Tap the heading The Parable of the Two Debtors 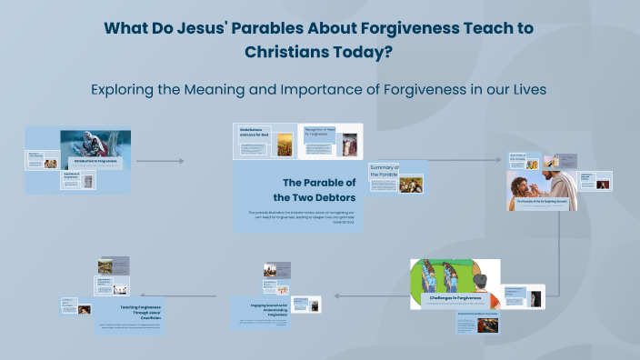tap(318, 189)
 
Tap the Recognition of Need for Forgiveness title tap(320, 133)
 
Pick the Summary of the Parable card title tap(385, 171)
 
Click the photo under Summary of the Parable tap(410, 185)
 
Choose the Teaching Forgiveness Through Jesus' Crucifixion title tap(140, 311)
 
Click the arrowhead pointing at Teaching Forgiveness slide tap(215, 295)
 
